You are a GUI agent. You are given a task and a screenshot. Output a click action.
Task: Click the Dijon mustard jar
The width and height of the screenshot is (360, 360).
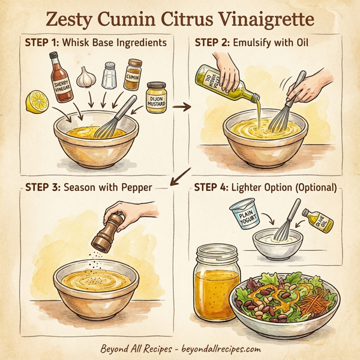[156, 98]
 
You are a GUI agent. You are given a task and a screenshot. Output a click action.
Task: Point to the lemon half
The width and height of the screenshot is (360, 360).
[35, 101]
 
